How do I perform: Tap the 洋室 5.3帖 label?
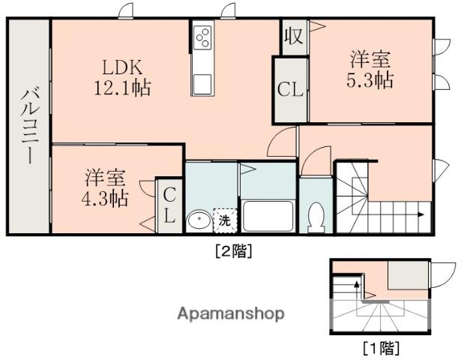click(x=370, y=69)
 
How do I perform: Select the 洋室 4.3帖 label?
click(x=106, y=189)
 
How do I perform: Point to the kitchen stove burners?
click(x=202, y=37)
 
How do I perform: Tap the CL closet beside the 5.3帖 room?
click(x=290, y=90)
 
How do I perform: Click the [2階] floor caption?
click(x=234, y=251)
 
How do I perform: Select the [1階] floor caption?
click(x=381, y=347)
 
